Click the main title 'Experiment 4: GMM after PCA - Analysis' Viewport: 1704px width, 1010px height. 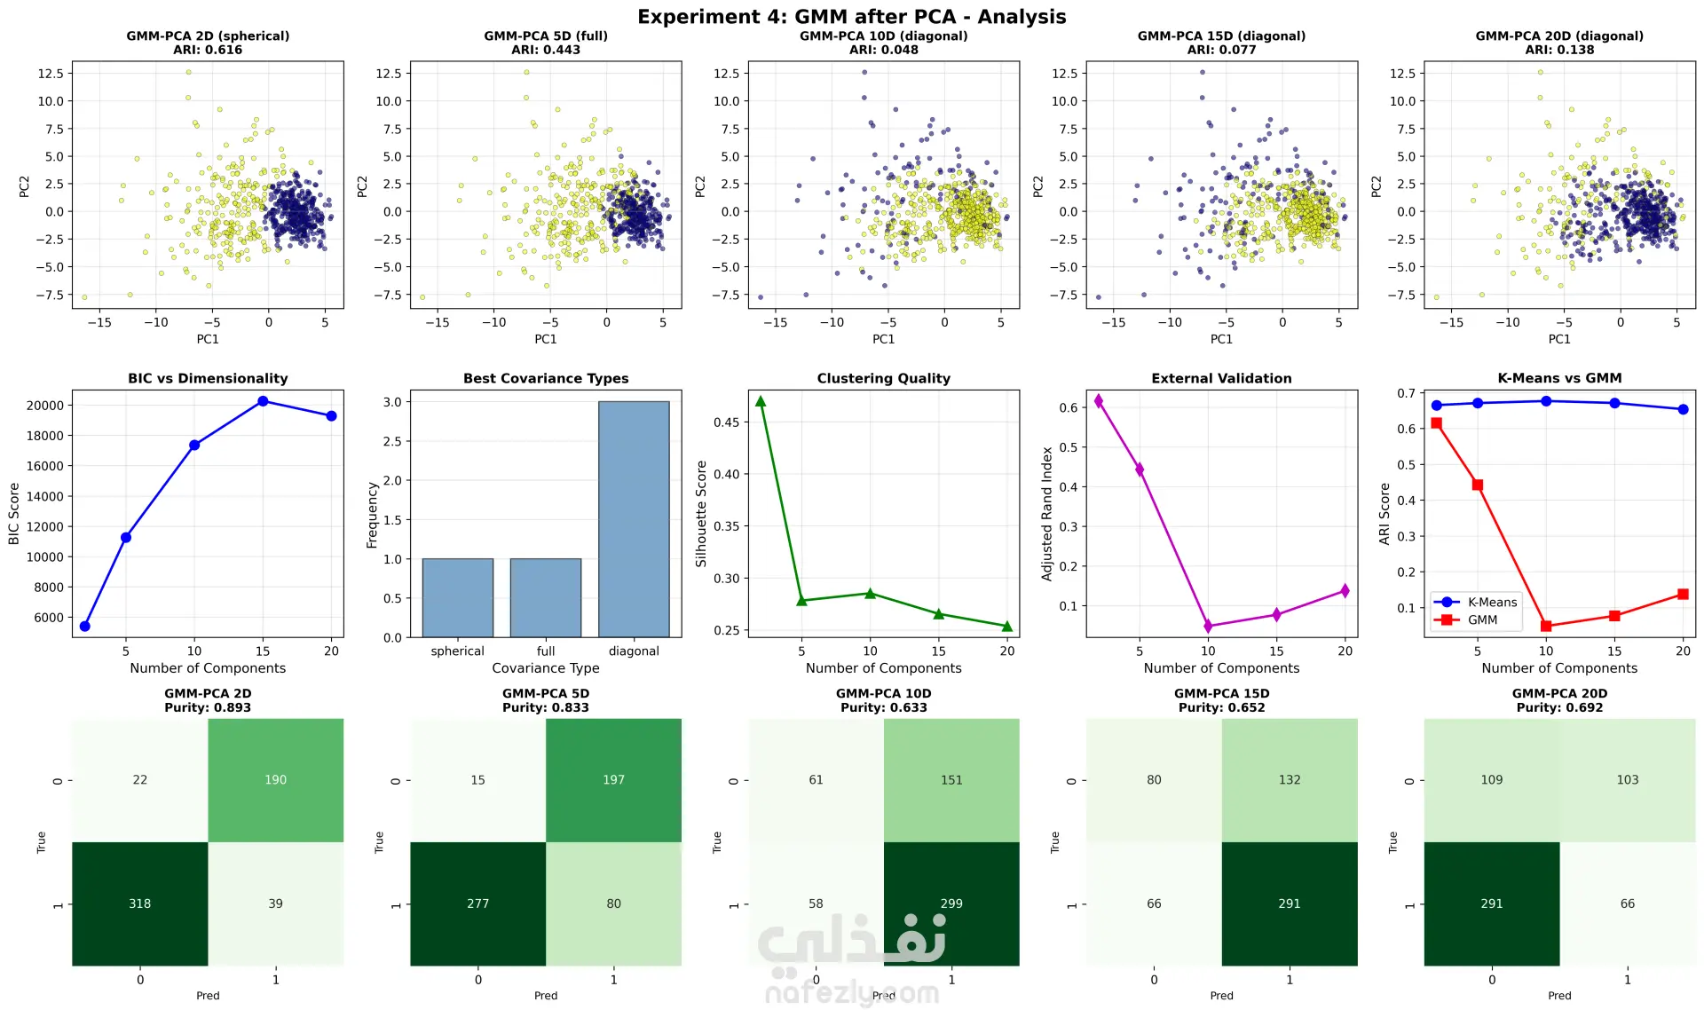click(x=851, y=17)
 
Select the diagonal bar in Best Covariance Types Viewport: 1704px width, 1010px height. click(x=634, y=519)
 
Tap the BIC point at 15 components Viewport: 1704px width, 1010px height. click(x=263, y=401)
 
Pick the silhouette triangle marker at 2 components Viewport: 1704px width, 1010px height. click(x=761, y=401)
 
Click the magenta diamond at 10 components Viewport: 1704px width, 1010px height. click(x=1208, y=626)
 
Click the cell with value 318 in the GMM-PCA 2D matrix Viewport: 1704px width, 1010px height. click(x=139, y=903)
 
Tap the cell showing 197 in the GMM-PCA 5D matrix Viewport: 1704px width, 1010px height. click(x=613, y=779)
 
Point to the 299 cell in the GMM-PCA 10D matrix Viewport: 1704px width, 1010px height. click(x=951, y=903)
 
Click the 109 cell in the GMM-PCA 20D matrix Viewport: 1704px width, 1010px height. click(x=1491, y=779)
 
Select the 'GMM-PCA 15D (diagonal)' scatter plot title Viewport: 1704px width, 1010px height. click(x=1221, y=36)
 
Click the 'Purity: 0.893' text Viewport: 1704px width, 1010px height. click(x=208, y=707)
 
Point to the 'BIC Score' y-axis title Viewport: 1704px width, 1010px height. click(x=14, y=513)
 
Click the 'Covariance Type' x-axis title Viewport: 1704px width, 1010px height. click(x=545, y=668)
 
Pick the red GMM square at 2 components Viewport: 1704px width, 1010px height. click(x=1437, y=423)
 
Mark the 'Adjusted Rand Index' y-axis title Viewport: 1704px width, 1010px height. click(x=1047, y=513)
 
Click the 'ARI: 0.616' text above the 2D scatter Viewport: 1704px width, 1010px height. click(x=208, y=50)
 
